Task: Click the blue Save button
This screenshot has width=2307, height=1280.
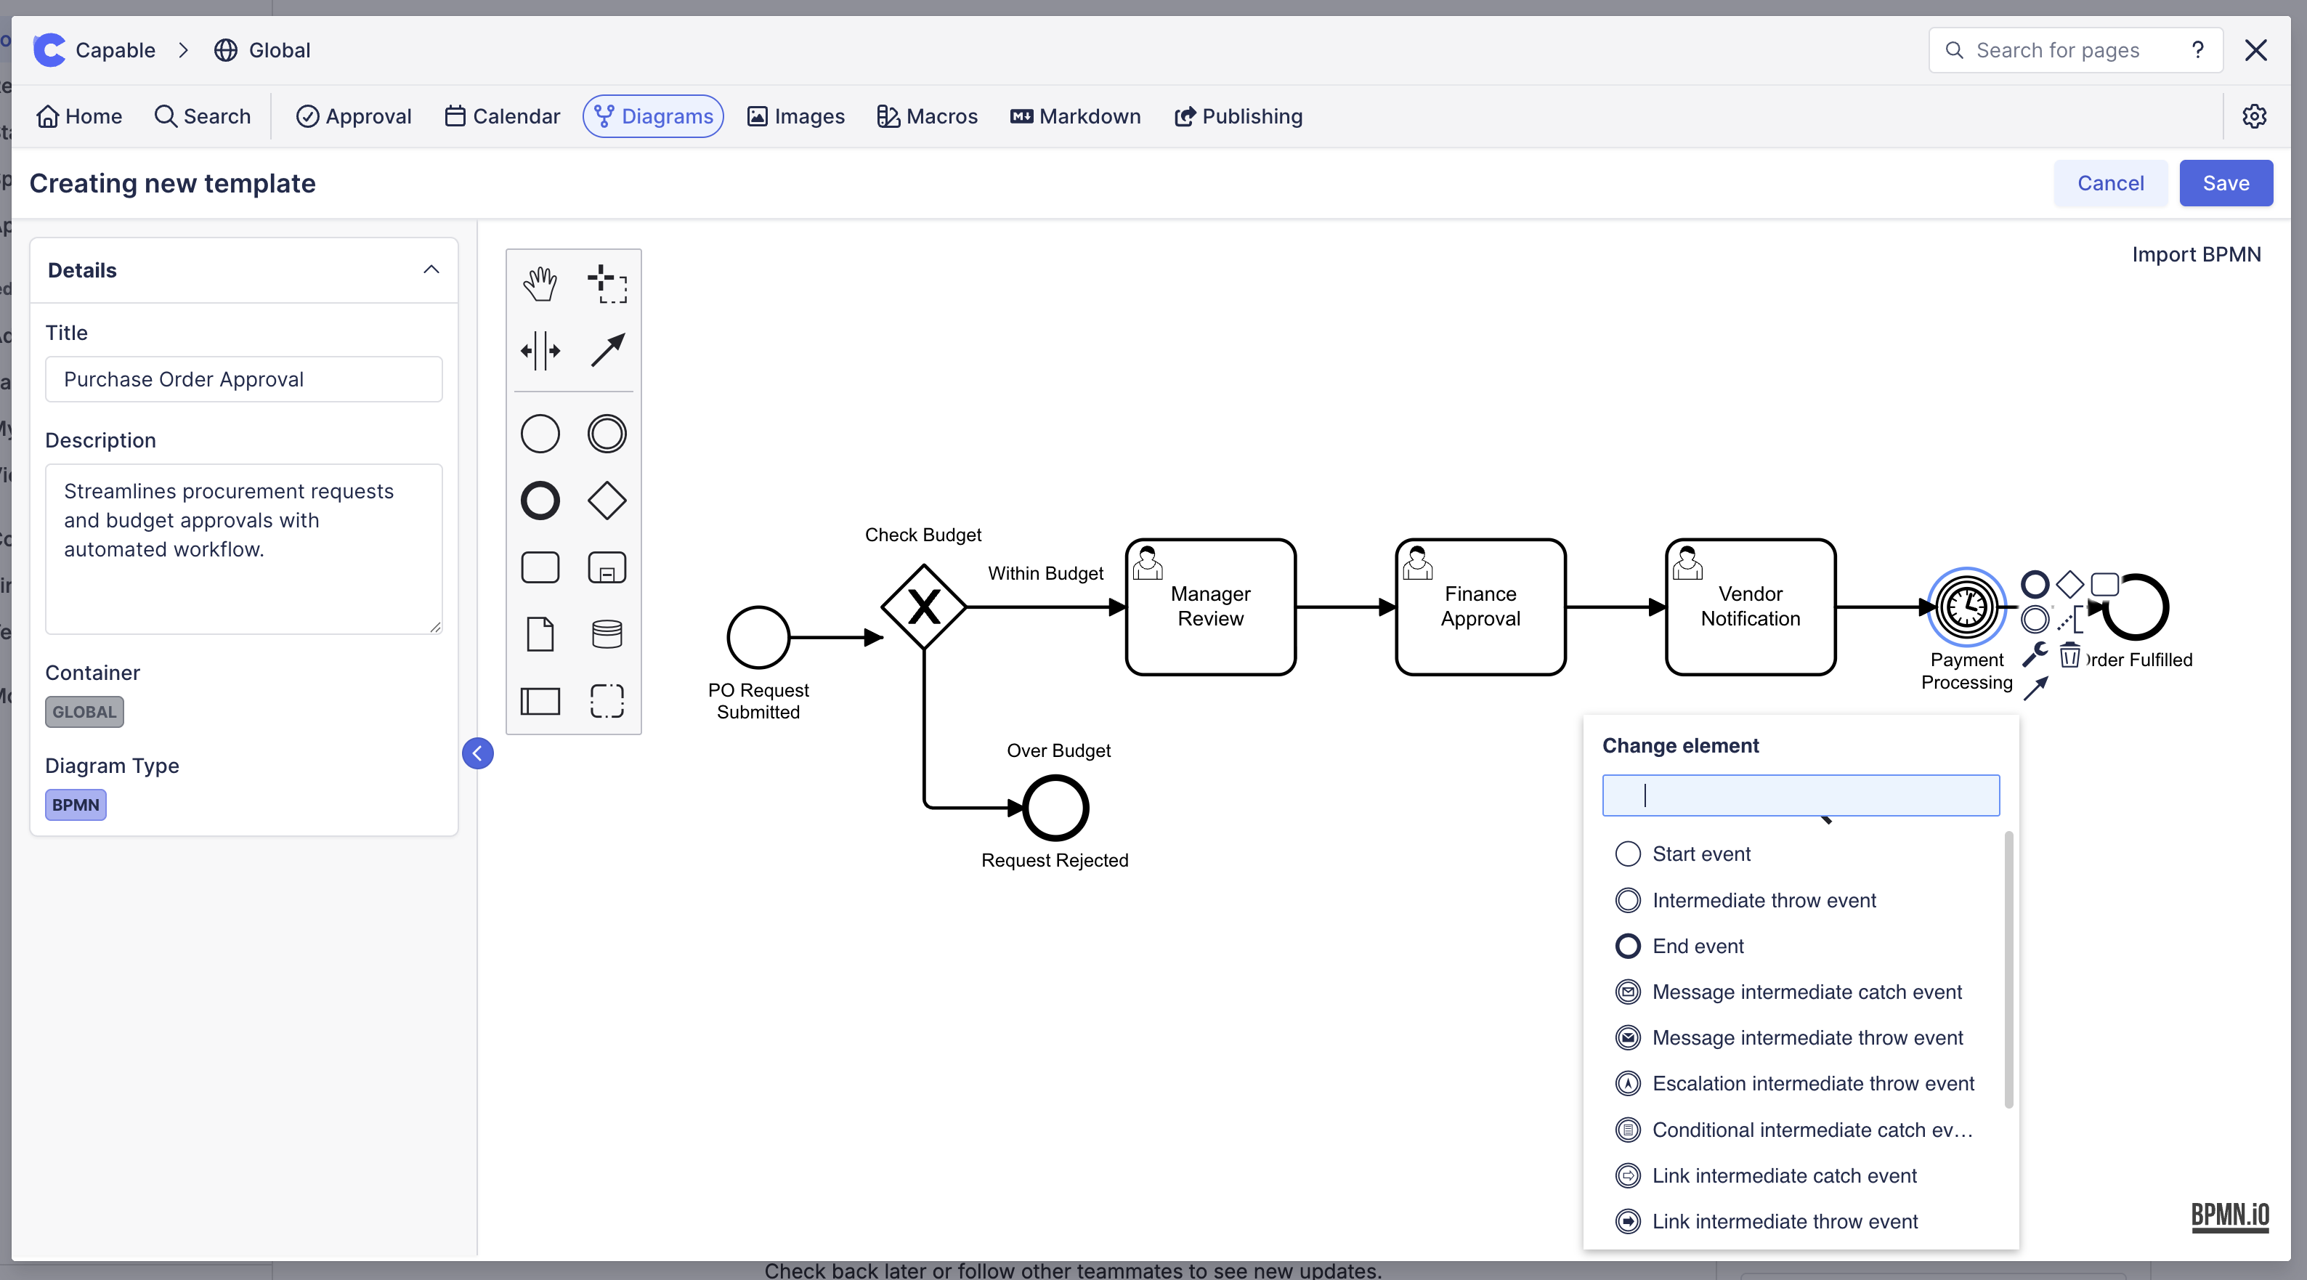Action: [x=2225, y=183]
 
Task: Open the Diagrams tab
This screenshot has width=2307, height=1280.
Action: [x=653, y=116]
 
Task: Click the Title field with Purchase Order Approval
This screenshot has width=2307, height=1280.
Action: [x=243, y=380]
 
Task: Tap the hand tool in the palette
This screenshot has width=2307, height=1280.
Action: [x=540, y=284]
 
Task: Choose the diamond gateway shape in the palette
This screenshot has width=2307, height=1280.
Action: [x=607, y=501]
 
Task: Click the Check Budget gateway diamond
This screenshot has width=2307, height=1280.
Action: [x=923, y=607]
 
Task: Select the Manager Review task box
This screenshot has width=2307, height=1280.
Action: [x=1210, y=607]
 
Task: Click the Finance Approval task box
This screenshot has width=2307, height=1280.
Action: [x=1480, y=607]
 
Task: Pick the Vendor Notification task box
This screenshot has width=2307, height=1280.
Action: [x=1750, y=607]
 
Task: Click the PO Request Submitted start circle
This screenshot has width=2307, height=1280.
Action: [x=758, y=638]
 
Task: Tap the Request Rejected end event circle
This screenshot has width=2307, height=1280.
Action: [x=1055, y=808]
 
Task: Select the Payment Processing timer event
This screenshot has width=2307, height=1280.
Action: [x=1966, y=607]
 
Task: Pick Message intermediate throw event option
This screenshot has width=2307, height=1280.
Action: [x=1807, y=1037]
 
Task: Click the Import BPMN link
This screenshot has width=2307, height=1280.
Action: [x=2195, y=254]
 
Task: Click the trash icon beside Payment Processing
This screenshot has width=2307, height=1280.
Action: [x=2069, y=657]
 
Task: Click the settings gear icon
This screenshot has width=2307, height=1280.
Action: [x=2253, y=116]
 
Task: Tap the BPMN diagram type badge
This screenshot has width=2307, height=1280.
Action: [x=76, y=804]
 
